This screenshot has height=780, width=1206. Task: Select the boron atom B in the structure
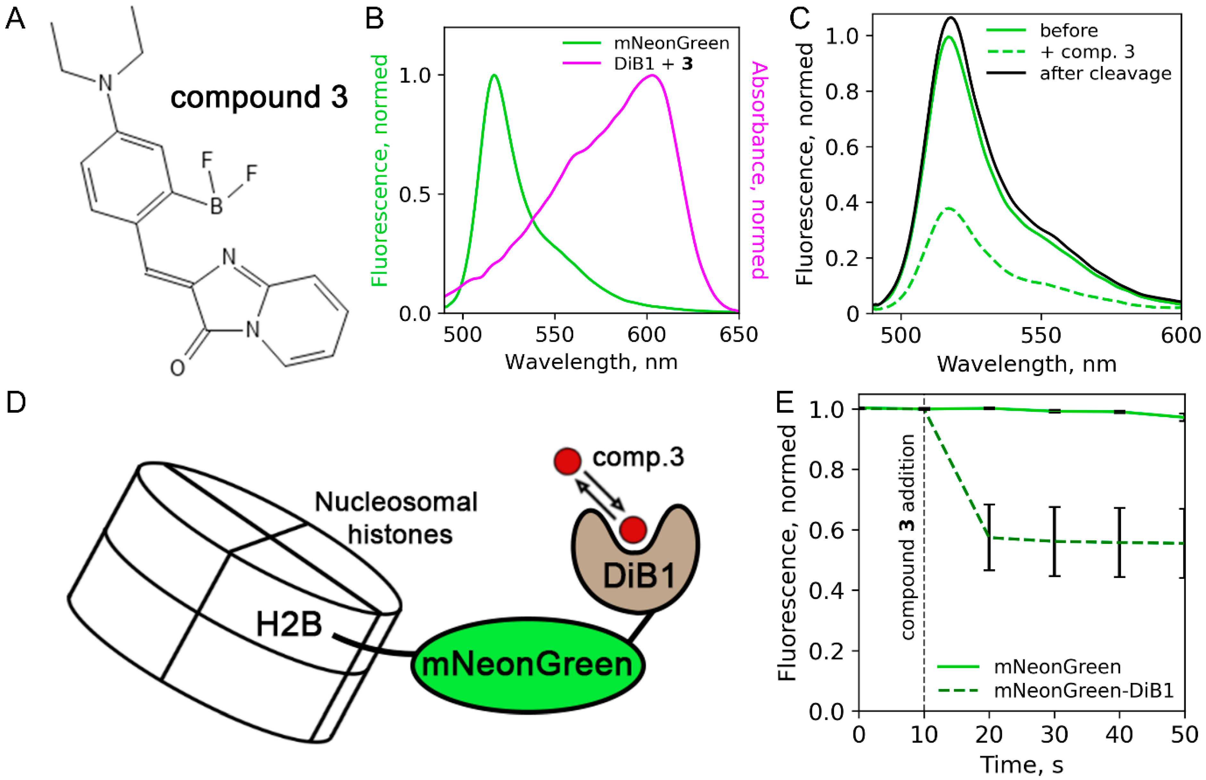(216, 206)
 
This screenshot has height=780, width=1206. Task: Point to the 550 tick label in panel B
(555, 335)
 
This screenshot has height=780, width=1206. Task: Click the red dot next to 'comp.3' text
(567, 461)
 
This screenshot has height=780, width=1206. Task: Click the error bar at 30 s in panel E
(1054, 541)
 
